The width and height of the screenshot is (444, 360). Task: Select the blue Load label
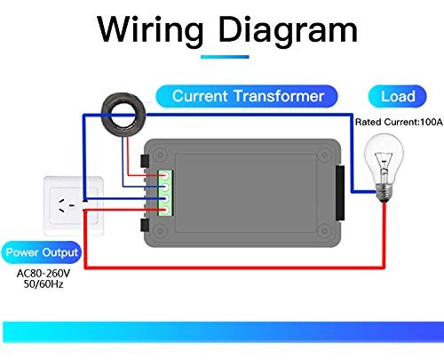397,96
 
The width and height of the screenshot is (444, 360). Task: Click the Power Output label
42,253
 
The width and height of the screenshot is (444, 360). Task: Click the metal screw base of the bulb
385,189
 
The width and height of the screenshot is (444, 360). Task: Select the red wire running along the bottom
231,265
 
